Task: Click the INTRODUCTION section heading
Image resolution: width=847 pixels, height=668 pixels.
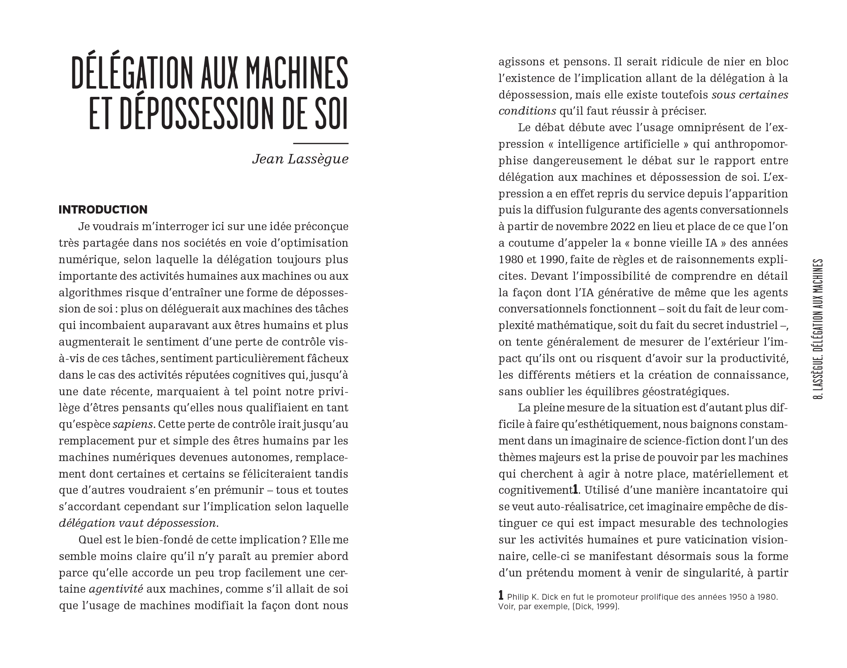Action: [103, 210]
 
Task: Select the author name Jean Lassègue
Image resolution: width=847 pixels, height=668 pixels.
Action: [300, 159]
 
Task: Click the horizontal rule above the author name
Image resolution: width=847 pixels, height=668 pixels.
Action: [321, 144]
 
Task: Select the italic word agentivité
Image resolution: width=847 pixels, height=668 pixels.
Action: [116, 589]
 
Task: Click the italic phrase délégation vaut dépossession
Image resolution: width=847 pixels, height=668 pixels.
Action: [138, 523]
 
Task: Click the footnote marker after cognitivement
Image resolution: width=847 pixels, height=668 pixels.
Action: [575, 490]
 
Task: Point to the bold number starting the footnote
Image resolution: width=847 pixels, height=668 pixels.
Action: [501, 596]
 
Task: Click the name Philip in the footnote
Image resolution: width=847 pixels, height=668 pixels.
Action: [518, 598]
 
